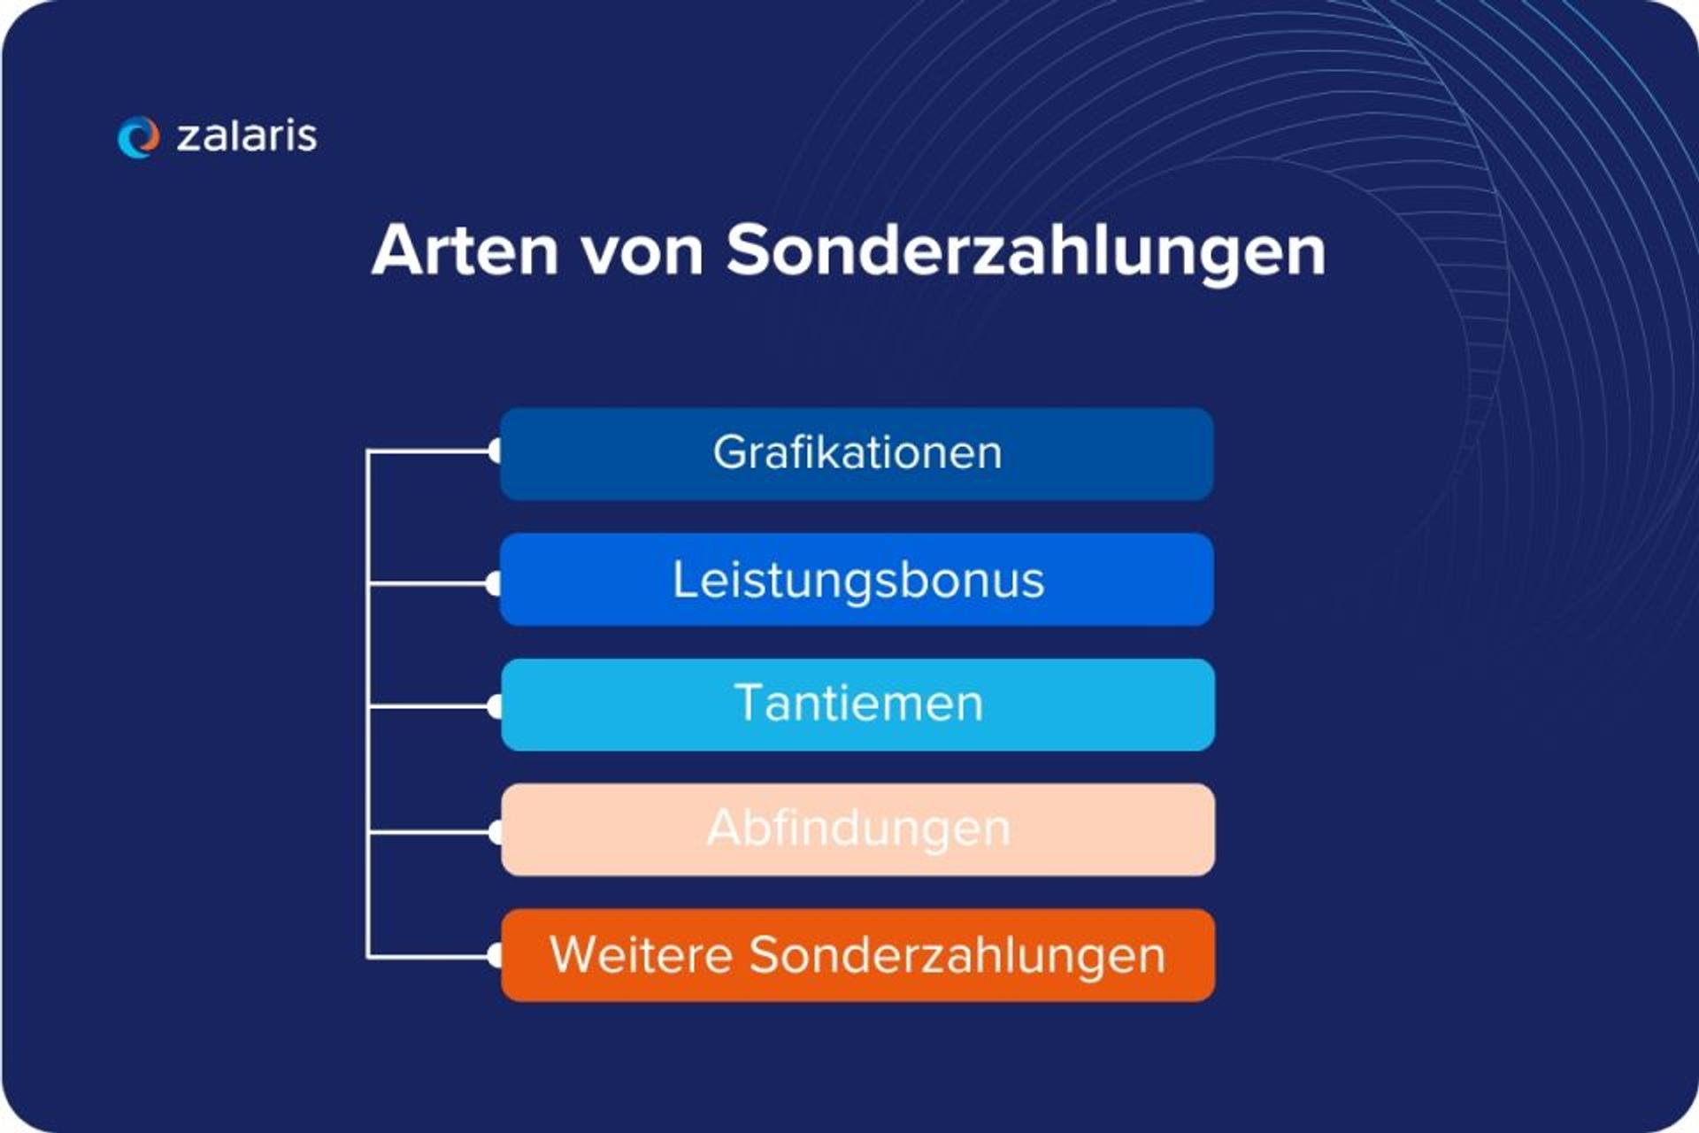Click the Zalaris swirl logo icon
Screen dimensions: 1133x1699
coord(138,137)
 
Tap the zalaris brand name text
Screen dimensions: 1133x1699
coord(247,136)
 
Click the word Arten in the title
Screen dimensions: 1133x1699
coord(465,250)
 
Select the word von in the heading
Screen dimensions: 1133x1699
coord(642,251)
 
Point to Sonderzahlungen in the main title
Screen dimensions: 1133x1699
coord(1026,251)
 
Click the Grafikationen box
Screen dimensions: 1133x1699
coord(857,453)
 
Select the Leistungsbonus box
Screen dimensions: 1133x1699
coord(857,580)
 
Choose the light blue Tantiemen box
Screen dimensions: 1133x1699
coord(857,705)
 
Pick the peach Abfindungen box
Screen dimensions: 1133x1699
coord(857,829)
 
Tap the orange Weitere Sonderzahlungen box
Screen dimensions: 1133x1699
coord(857,956)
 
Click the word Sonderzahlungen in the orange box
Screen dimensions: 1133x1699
coord(957,956)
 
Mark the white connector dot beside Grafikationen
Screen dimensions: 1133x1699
coord(496,451)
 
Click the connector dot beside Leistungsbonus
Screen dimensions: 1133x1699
coord(496,583)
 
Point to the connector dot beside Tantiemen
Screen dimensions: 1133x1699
coord(496,706)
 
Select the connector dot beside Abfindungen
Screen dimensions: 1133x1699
coord(496,832)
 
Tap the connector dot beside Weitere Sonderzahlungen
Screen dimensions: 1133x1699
coord(496,956)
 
